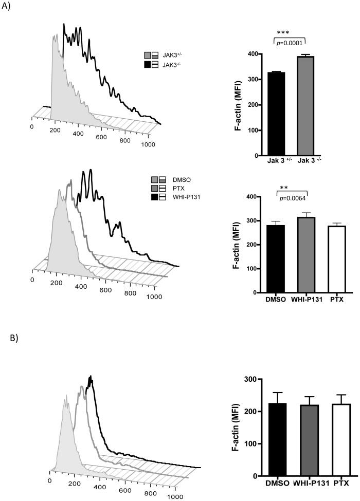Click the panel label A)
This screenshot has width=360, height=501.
(7, 9)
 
